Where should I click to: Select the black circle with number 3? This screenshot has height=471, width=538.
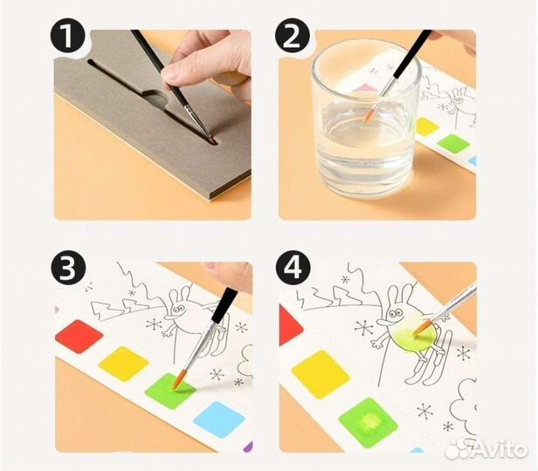point(67,268)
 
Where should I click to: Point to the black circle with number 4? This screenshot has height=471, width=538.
point(293,268)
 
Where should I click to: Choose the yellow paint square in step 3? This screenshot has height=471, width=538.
point(123,364)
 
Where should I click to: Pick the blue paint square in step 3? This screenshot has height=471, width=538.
point(219,420)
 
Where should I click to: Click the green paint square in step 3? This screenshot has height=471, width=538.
point(170,391)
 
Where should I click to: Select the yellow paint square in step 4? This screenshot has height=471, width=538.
point(321,374)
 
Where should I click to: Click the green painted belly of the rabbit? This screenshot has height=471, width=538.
point(414,335)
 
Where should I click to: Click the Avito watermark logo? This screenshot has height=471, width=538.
point(486,448)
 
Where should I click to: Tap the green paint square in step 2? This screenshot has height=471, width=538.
point(453,143)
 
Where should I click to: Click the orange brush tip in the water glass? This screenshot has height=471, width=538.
point(369,115)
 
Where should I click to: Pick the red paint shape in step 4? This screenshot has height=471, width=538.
point(291,325)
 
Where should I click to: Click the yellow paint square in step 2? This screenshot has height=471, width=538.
point(427,126)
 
